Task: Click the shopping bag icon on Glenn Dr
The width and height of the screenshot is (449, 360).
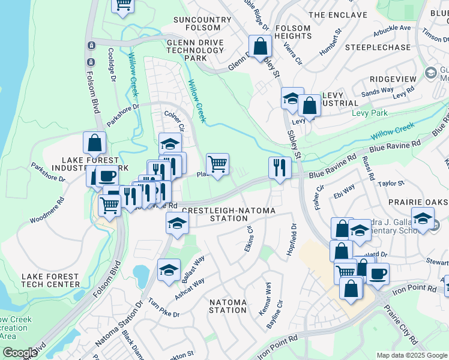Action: tap(260, 46)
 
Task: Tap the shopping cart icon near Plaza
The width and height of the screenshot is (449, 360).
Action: tap(217, 163)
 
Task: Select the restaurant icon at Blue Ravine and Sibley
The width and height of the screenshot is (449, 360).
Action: tap(280, 167)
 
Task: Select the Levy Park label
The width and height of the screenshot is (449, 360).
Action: tap(370, 113)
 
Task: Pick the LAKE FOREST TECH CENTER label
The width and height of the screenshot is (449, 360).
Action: tap(50, 281)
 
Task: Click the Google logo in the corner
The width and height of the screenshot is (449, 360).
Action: tap(20, 353)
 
